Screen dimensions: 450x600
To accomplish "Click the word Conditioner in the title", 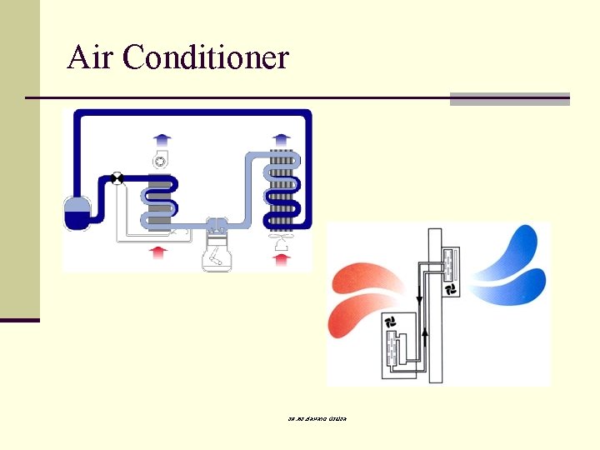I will pyautogui.click(x=206, y=57).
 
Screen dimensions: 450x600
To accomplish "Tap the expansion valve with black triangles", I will pyautogui.click(x=117, y=178).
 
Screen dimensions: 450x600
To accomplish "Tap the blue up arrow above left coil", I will pyautogui.click(x=160, y=139).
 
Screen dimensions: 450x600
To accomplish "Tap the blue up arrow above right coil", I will pyautogui.click(x=282, y=138).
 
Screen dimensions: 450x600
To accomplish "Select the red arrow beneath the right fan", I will pyautogui.click(x=282, y=259).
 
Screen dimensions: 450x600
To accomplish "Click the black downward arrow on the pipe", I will pyautogui.click(x=418, y=297).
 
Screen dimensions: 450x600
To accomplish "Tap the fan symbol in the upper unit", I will pyautogui.click(x=451, y=288).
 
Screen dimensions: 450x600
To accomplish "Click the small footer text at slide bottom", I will pyautogui.click(x=312, y=417).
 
